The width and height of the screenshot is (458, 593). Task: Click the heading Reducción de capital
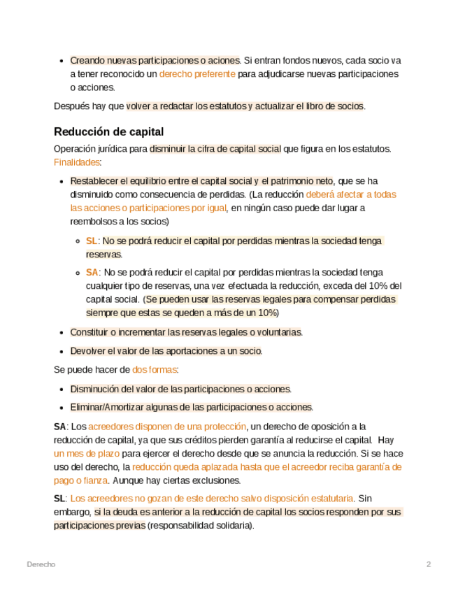click(x=108, y=131)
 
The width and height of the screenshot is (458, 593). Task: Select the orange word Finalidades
click(x=77, y=162)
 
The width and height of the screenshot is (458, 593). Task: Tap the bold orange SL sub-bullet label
click(x=92, y=241)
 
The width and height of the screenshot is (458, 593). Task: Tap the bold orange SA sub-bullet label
click(x=92, y=272)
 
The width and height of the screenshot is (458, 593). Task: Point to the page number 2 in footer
click(x=429, y=564)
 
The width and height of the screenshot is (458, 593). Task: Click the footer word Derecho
click(x=41, y=564)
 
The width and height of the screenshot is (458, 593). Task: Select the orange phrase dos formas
click(x=155, y=369)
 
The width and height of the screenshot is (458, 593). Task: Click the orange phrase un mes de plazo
click(x=86, y=453)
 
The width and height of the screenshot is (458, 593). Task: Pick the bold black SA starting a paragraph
click(x=59, y=426)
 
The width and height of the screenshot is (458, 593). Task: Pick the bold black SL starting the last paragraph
click(x=59, y=499)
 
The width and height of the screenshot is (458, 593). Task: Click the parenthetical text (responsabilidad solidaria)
click(x=201, y=526)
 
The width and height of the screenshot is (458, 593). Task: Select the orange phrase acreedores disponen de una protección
click(x=167, y=426)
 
